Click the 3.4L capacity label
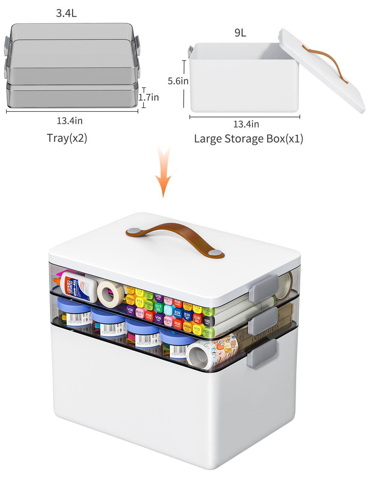tap(66, 13)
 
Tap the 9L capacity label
tap(240, 33)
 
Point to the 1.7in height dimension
tap(149, 97)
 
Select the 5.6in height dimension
tap(178, 81)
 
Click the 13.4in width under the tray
tap(70, 121)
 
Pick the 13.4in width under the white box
tap(246, 124)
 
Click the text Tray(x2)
tap(67, 138)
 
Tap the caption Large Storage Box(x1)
tap(248, 139)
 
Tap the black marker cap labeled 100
tap(207, 321)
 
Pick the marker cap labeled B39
tap(187, 315)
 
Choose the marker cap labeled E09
tap(197, 318)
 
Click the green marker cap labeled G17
tap(158, 307)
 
